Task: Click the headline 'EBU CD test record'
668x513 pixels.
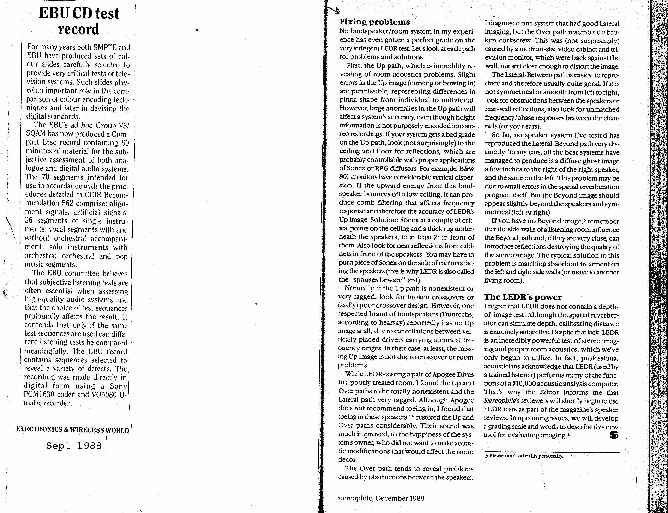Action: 79,21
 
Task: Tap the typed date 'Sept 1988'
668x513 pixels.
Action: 74,446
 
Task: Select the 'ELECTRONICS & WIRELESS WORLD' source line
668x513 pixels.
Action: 73,430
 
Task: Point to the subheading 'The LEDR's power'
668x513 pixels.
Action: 523,297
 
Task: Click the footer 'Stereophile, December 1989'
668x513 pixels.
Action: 381,498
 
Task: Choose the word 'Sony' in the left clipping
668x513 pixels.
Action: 118,386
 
